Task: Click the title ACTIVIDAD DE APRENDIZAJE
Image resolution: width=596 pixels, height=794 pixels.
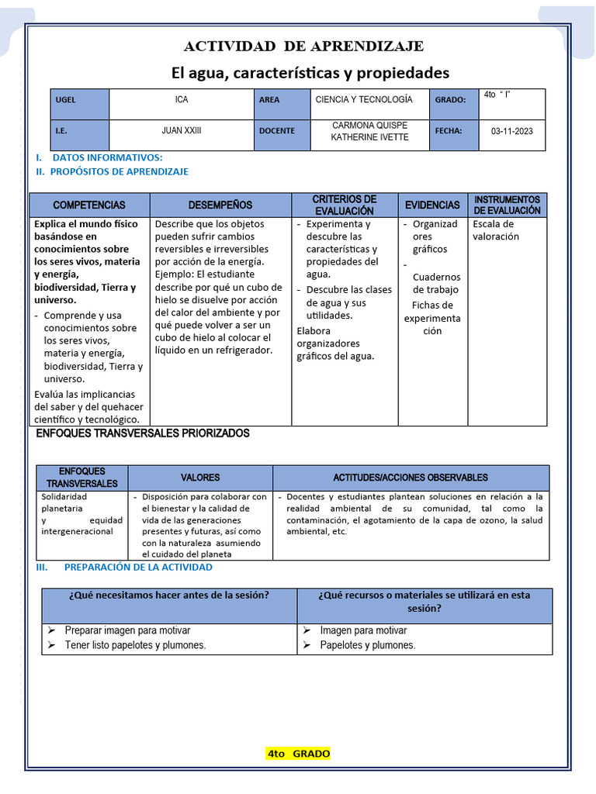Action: (303, 47)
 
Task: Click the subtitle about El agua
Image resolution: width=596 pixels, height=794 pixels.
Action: (310, 73)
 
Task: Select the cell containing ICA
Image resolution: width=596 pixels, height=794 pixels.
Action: (182, 100)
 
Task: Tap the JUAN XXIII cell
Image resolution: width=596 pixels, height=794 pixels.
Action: (182, 131)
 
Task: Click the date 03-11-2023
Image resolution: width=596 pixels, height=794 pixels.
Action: (511, 131)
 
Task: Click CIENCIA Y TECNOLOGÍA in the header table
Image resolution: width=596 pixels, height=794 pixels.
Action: (364, 100)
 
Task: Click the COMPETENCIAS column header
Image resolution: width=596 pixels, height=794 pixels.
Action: (89, 205)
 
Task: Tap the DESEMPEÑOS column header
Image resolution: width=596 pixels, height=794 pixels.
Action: (220, 205)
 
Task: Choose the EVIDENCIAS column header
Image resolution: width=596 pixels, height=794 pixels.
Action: (432, 205)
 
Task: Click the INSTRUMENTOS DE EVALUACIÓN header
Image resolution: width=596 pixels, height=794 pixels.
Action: (507, 205)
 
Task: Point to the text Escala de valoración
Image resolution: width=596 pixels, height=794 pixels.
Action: (496, 230)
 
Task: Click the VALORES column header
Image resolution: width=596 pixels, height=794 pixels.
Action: (200, 478)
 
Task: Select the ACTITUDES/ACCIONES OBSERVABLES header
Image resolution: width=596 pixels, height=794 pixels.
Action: (411, 478)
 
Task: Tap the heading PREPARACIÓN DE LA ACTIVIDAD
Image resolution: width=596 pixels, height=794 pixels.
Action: (137, 567)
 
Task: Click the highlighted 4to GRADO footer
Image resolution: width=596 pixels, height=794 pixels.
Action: (298, 754)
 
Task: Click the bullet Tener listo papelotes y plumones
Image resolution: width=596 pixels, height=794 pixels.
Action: (135, 645)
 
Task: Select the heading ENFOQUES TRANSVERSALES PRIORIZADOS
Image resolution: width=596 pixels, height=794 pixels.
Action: (143, 433)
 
